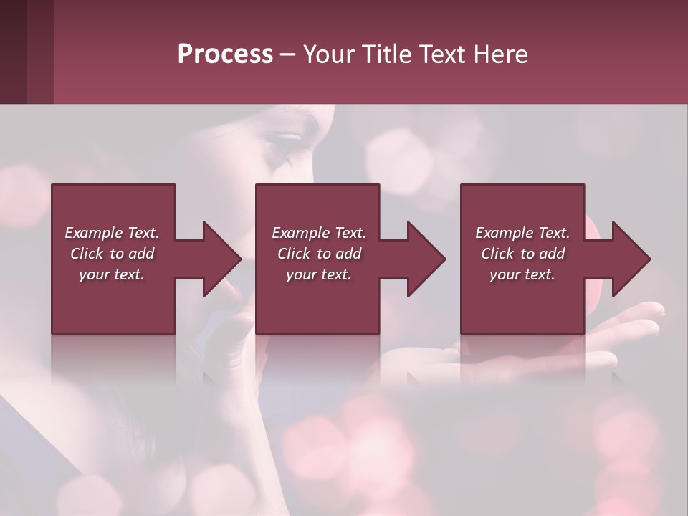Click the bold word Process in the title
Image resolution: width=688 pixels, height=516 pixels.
point(225,54)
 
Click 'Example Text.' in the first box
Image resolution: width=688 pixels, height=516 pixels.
point(112,233)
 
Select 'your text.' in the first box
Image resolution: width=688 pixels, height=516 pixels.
point(112,274)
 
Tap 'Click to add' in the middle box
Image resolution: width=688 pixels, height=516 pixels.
point(319,254)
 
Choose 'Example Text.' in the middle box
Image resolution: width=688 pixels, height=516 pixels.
point(319,233)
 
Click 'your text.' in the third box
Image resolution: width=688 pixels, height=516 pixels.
point(522,274)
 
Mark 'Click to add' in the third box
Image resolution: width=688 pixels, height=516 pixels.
point(522,254)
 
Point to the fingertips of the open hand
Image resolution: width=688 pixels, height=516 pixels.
point(652,312)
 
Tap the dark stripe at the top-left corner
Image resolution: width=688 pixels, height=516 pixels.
point(13,52)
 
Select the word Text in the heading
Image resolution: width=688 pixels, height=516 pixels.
point(441,54)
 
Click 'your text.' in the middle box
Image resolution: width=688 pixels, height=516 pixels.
point(319,274)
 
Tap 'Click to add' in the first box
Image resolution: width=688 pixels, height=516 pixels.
point(112,254)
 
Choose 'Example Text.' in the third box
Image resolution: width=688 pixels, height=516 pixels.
point(522,233)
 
